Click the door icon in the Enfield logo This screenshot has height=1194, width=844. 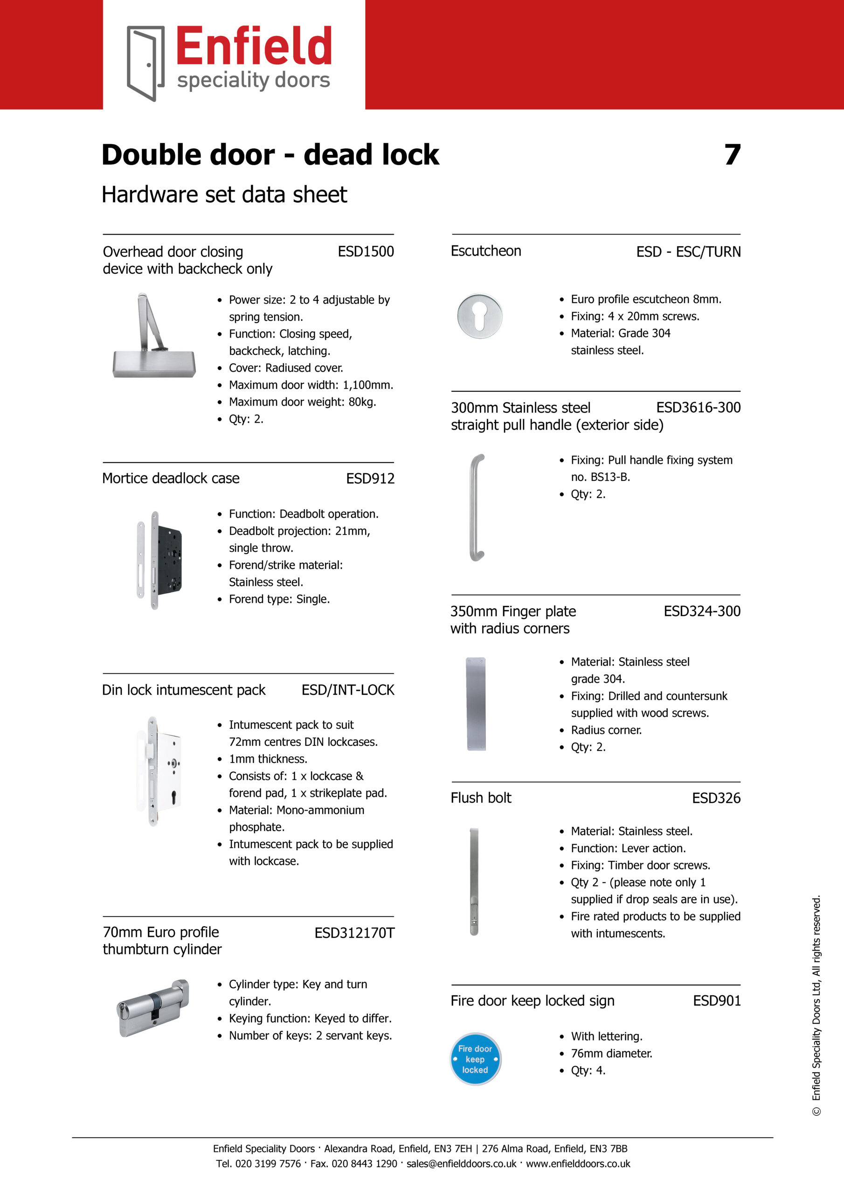tap(145, 63)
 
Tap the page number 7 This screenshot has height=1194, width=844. tap(732, 154)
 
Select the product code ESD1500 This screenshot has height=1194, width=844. tap(366, 252)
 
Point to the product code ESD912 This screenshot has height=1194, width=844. tap(370, 479)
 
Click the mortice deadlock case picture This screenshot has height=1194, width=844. tap(159, 560)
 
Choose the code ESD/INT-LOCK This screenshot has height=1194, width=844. tap(347, 690)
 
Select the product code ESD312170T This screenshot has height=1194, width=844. tap(354, 933)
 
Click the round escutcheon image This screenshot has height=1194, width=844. tap(479, 316)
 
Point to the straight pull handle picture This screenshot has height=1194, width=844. tap(477, 507)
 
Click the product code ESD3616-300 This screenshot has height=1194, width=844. tap(698, 408)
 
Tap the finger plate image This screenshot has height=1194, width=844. tap(476, 704)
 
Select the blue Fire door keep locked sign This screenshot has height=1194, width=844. tap(475, 1059)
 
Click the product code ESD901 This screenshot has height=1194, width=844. tap(716, 1000)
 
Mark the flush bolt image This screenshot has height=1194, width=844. tap(474, 881)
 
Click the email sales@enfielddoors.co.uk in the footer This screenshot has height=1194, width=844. tap(461, 1163)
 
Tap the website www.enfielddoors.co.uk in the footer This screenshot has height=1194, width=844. tap(578, 1163)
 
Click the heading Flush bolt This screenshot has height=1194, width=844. tap(481, 798)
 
